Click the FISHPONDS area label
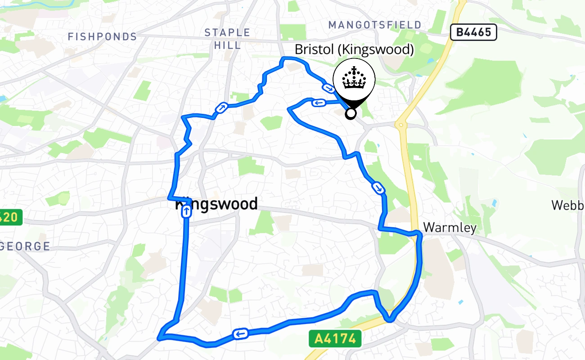pos(102,37)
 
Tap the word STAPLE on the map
pos(227,32)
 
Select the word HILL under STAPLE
pos(227,45)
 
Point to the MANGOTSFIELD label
pos(375,25)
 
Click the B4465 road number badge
pos(473,32)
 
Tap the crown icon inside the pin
pos(354,79)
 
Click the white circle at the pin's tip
pos(351,113)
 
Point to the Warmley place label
pos(450,228)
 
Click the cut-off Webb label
pos(568,205)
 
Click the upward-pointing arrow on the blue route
pos(186,211)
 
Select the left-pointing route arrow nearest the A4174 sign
pos(240,333)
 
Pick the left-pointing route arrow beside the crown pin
pos(319,103)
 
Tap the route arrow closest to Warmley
pos(378,187)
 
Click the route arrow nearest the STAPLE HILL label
pos(222,108)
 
